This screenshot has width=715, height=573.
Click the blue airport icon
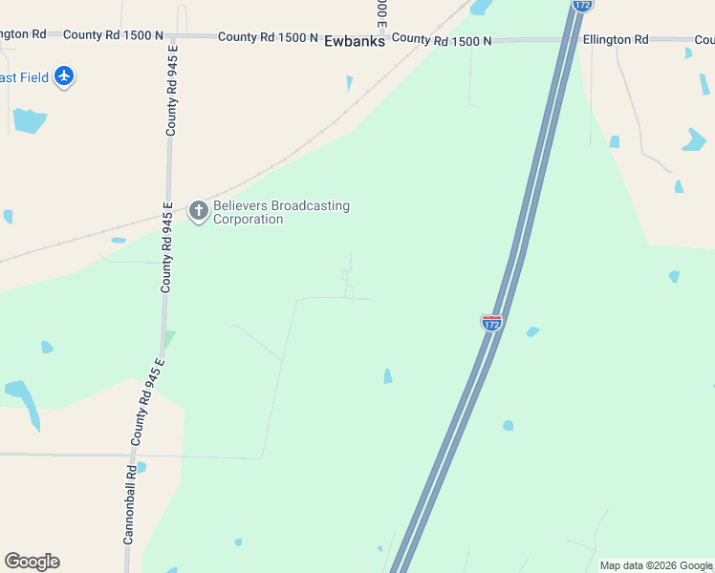[x=64, y=76]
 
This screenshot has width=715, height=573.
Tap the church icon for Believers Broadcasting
[x=199, y=211]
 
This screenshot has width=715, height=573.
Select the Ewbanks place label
[x=355, y=41]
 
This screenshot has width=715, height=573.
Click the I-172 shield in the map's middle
[x=491, y=323]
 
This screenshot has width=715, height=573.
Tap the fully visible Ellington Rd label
[x=616, y=39]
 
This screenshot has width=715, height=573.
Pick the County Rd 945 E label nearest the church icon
[x=167, y=247]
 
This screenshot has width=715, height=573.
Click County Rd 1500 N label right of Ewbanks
[x=442, y=40]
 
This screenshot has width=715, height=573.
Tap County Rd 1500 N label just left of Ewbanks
[x=268, y=37]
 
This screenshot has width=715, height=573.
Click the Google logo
[x=32, y=562]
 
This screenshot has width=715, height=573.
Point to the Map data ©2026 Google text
[x=656, y=565]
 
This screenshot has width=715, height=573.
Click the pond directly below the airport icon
[x=30, y=120]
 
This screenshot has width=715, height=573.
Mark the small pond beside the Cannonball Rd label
[x=141, y=468]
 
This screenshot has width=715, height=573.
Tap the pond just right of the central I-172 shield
[x=532, y=332]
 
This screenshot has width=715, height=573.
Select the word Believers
[x=241, y=205]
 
